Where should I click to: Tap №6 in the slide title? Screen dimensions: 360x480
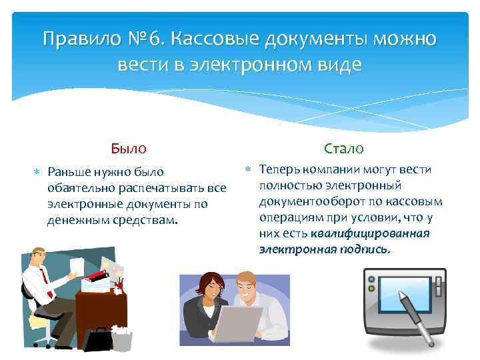click(x=146, y=39)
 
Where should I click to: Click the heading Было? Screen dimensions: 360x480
click(x=129, y=148)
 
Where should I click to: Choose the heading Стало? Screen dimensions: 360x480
click(x=343, y=148)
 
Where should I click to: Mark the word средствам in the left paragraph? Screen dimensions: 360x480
click(x=144, y=221)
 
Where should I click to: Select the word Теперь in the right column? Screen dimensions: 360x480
click(x=279, y=169)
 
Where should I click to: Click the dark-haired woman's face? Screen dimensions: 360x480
click(x=207, y=288)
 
